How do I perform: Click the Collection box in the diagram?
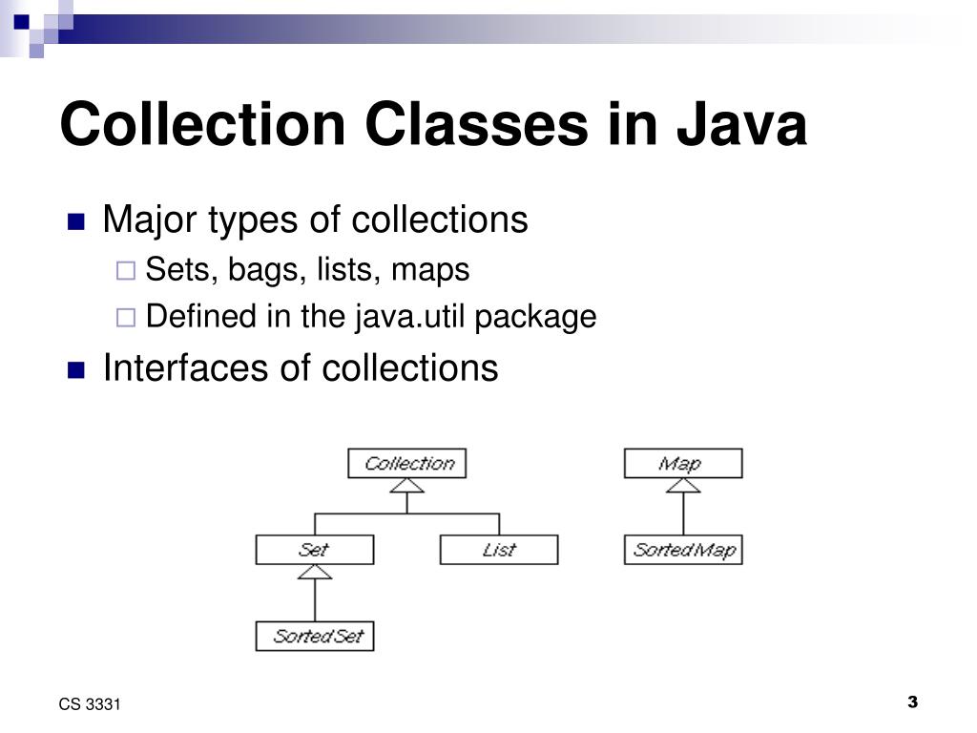tap(407, 464)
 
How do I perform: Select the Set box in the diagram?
tap(315, 550)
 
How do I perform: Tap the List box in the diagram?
tap(498, 550)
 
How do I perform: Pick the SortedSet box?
tap(315, 636)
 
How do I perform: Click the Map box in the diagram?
tap(682, 464)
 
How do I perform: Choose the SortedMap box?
tap(682, 550)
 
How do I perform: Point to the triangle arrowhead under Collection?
tap(407, 486)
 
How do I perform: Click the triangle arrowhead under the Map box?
tap(682, 486)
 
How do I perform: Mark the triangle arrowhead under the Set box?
tap(315, 572)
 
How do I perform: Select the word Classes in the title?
tap(467, 125)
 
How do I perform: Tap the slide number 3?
tap(912, 702)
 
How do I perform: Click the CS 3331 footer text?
tap(90, 704)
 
